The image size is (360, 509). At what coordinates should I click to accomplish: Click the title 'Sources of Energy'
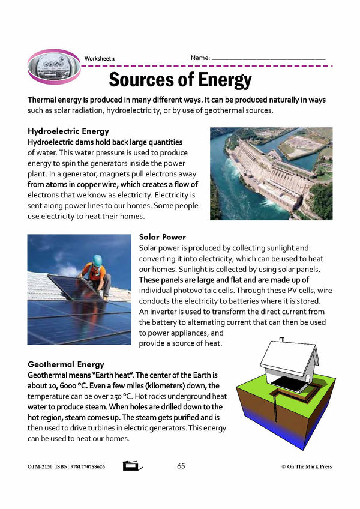pos(180,80)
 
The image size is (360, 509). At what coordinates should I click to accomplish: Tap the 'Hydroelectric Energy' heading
pos(68,131)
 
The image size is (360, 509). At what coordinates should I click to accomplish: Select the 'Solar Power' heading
pos(162,237)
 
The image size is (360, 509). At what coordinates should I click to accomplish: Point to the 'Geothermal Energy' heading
pos(66,364)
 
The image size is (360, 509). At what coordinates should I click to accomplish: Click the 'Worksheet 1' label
pos(100,58)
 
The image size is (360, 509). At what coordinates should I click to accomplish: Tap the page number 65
pos(182,466)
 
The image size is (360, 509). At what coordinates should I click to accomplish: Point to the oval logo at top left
pos(53,65)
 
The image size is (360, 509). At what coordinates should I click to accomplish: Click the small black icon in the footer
pos(133,466)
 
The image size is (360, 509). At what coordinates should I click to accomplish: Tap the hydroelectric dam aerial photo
pos(271,173)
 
